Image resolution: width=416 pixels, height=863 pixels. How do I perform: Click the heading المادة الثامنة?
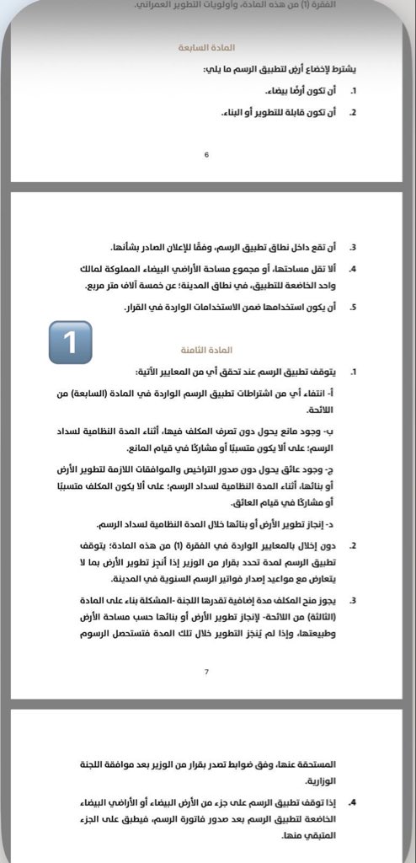(x=206, y=349)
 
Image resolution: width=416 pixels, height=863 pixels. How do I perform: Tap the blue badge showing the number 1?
(x=70, y=342)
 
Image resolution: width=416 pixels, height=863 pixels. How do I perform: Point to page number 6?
(x=206, y=155)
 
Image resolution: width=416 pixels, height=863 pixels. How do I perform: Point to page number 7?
(x=206, y=672)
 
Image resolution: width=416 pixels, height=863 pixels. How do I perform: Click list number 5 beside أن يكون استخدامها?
(x=354, y=308)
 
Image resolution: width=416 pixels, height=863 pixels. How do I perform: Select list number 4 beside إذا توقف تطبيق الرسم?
(x=354, y=803)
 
